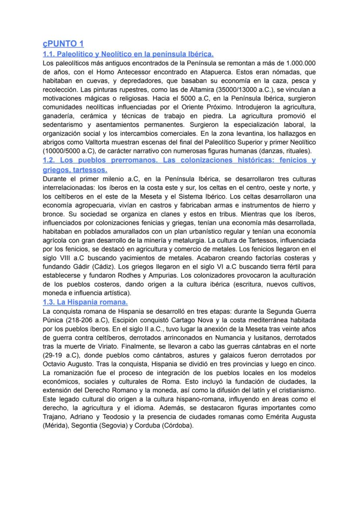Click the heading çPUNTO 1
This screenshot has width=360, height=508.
63,44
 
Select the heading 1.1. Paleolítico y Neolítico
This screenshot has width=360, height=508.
128,54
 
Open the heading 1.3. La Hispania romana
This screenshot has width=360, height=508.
85,302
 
